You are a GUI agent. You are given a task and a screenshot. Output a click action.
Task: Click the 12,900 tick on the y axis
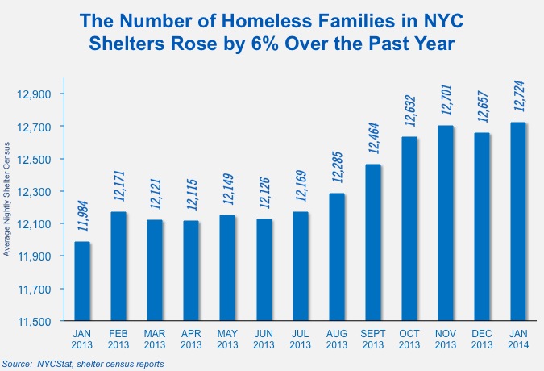click(x=34, y=94)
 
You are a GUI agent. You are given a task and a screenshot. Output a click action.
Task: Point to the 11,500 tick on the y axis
click(x=34, y=322)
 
